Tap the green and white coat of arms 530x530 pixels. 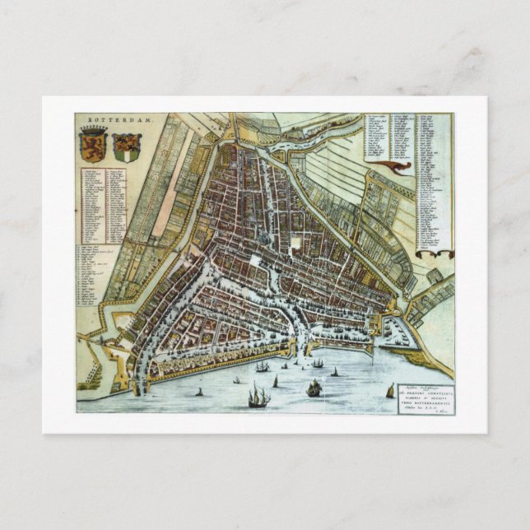tap(127, 146)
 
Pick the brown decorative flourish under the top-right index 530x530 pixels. tap(393, 168)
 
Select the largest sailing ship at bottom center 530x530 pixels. tap(258, 397)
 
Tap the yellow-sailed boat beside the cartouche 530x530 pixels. tap(390, 391)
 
